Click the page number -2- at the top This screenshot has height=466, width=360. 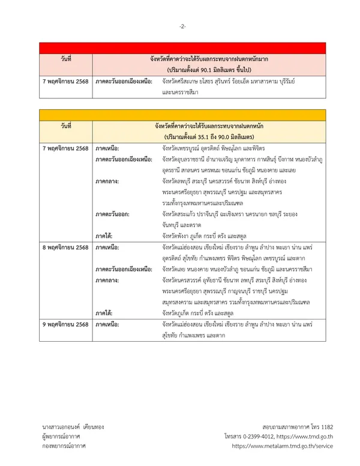(x=182, y=26)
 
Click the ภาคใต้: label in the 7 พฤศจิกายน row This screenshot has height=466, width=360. (x=104, y=235)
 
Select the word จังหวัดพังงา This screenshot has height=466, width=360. (x=176, y=235)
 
